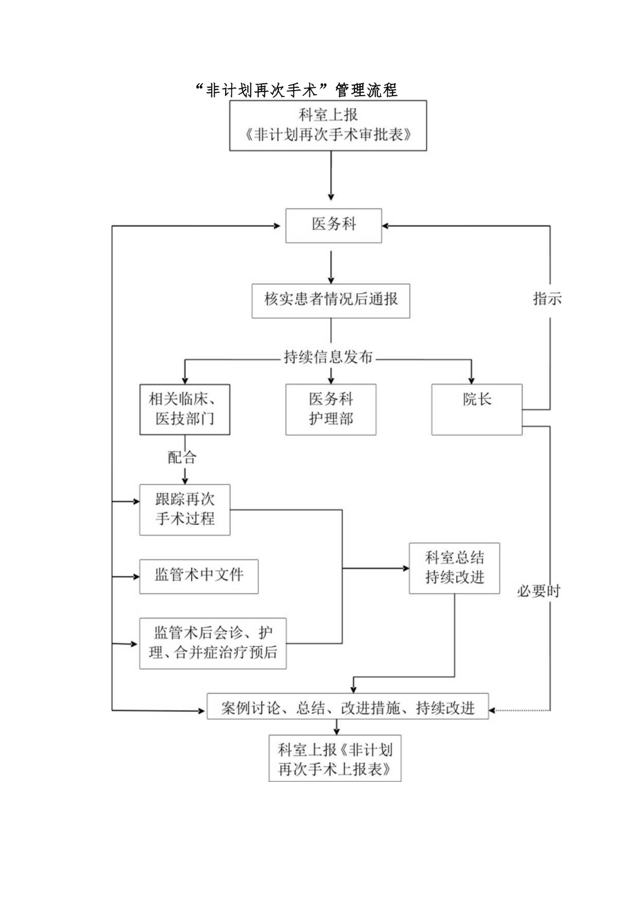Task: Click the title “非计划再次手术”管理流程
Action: coord(296,90)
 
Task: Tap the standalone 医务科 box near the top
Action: coord(333,225)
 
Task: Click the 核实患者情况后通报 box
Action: coord(330,300)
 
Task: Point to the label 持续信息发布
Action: coord(328,357)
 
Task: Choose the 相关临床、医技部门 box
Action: coord(185,409)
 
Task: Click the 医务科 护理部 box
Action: coord(331,409)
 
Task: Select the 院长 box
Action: coord(476,409)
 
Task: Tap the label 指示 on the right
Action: coord(546,298)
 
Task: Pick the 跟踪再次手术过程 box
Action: coord(185,510)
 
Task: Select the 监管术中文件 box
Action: coord(199,576)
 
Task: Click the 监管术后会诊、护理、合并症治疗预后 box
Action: coord(213,643)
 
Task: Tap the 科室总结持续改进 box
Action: coord(454,569)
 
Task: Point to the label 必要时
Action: coord(539,591)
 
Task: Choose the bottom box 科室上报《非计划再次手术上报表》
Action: coord(335,759)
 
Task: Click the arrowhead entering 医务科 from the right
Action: coord(386,226)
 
